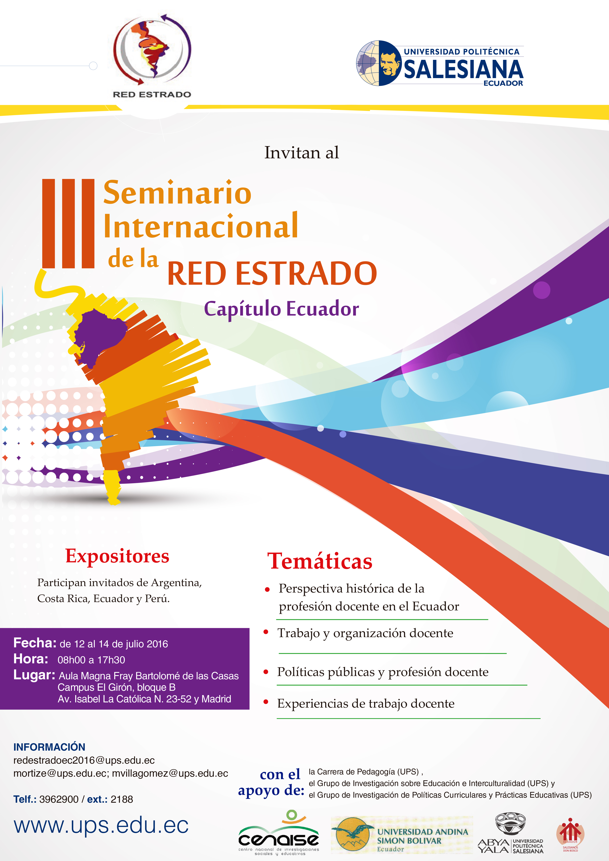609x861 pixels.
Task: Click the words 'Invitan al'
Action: [302, 153]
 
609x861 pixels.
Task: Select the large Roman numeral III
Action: [68, 224]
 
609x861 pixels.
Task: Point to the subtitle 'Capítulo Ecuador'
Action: [281, 309]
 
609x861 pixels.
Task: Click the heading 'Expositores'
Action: [117, 556]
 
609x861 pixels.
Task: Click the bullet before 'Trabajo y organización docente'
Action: [266, 632]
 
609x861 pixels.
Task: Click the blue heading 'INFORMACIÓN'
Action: [49, 747]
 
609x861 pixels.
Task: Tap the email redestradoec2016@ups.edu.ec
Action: [84, 760]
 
